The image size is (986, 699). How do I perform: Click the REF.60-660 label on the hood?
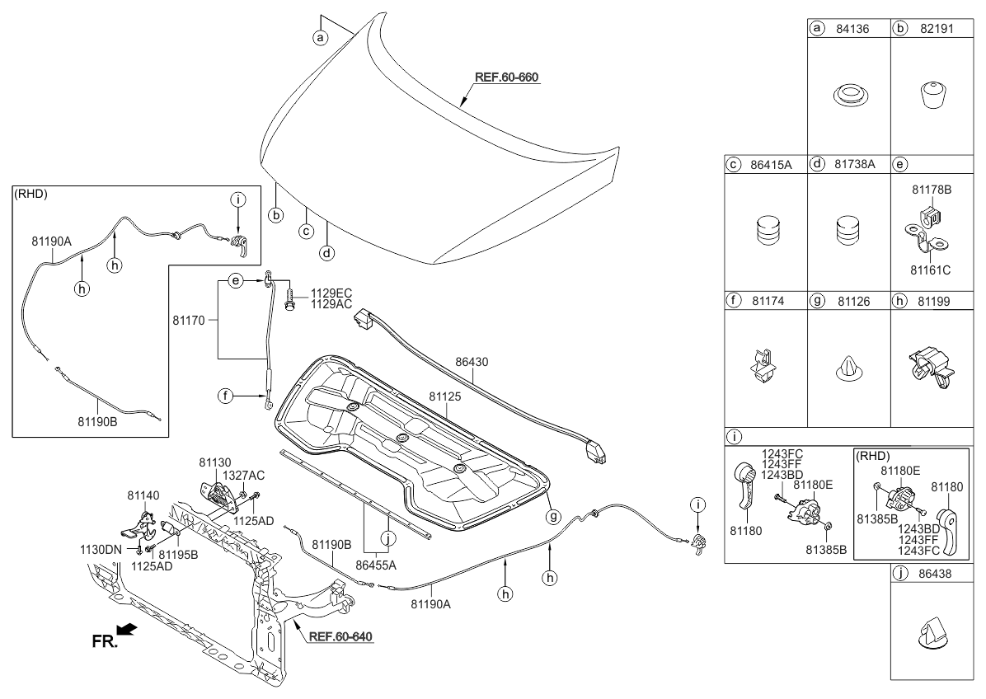[506, 77]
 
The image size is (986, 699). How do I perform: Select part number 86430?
[472, 360]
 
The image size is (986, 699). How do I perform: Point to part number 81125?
[445, 396]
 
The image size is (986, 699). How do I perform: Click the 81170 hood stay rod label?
[190, 317]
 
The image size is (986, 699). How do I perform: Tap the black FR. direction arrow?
[128, 631]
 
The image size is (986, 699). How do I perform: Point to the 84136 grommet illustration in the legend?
[848, 95]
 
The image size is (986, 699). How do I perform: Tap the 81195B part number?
[178, 555]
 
